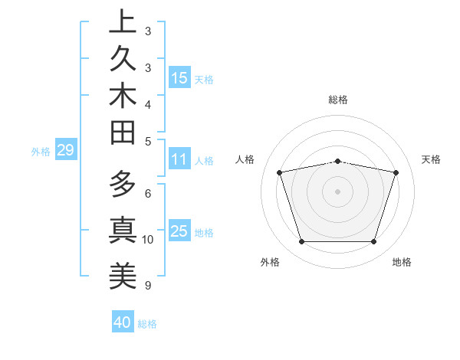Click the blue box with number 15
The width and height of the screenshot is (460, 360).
[179, 78]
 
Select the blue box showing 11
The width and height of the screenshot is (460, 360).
[179, 160]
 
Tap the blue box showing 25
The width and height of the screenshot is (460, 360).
[179, 232]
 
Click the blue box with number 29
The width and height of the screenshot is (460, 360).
[65, 151]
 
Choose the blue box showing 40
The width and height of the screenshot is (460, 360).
[123, 322]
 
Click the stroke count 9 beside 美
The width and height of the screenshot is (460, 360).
[148, 286]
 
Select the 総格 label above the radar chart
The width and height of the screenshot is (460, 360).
[338, 100]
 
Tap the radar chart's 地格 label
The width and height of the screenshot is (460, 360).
[402, 263]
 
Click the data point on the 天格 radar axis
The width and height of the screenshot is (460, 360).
[396, 173]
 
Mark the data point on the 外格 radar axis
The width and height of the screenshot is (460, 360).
[301, 242]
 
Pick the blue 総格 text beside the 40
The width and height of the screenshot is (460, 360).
[147, 324]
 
